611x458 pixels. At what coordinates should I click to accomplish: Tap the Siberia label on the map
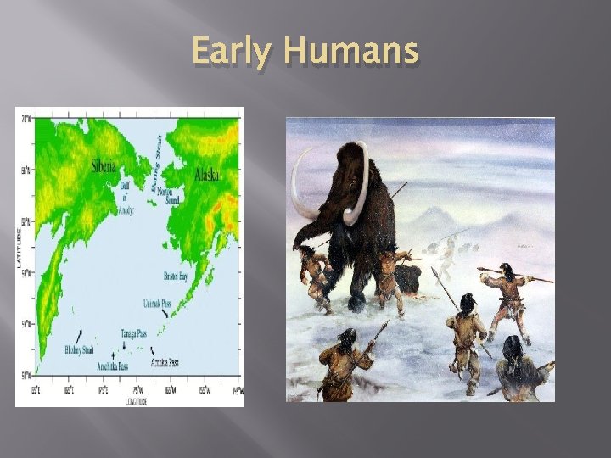(109, 166)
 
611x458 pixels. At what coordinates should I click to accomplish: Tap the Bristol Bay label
(176, 276)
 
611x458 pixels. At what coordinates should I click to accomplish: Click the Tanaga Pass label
(136, 332)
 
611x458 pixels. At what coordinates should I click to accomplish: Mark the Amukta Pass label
(165, 362)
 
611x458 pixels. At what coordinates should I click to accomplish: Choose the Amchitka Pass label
(113, 366)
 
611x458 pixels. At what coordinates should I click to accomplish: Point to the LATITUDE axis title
(20, 246)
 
